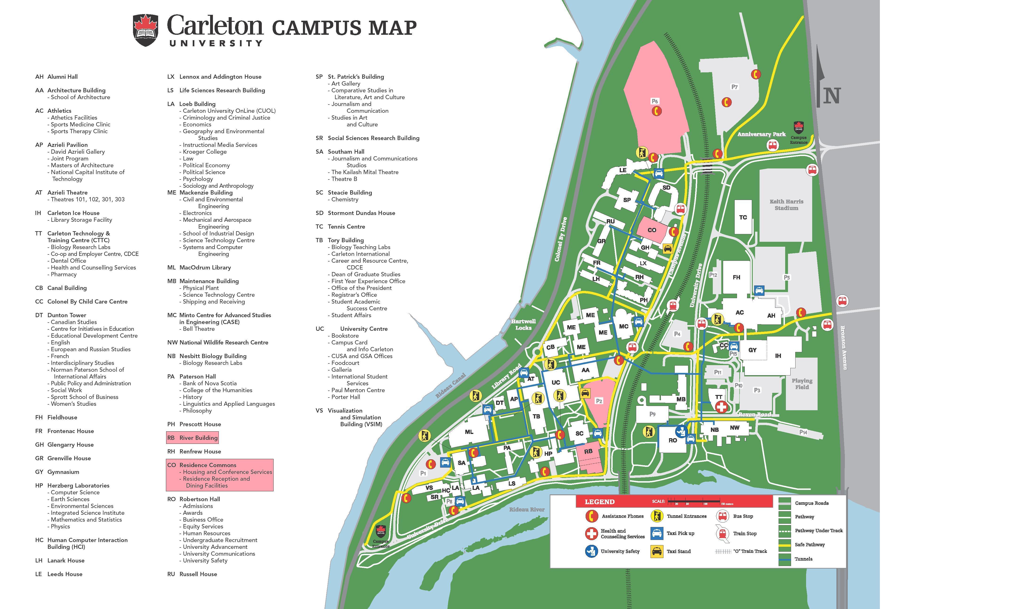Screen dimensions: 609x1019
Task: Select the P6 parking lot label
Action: [x=655, y=101]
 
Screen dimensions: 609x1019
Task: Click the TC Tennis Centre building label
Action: [x=743, y=218]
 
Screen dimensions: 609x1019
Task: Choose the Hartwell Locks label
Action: [x=523, y=325]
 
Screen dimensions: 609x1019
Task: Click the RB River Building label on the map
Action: [x=588, y=451]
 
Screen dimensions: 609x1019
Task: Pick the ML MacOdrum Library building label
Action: [x=469, y=432]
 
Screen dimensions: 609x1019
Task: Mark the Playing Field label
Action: [x=802, y=384]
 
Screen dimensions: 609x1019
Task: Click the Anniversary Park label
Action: [x=761, y=134]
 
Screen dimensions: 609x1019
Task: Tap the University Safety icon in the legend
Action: [x=591, y=551]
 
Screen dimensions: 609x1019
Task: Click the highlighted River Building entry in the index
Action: [x=192, y=438]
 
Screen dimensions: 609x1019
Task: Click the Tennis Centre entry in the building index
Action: [x=346, y=226]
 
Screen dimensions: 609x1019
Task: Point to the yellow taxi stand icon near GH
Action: [x=668, y=249]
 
